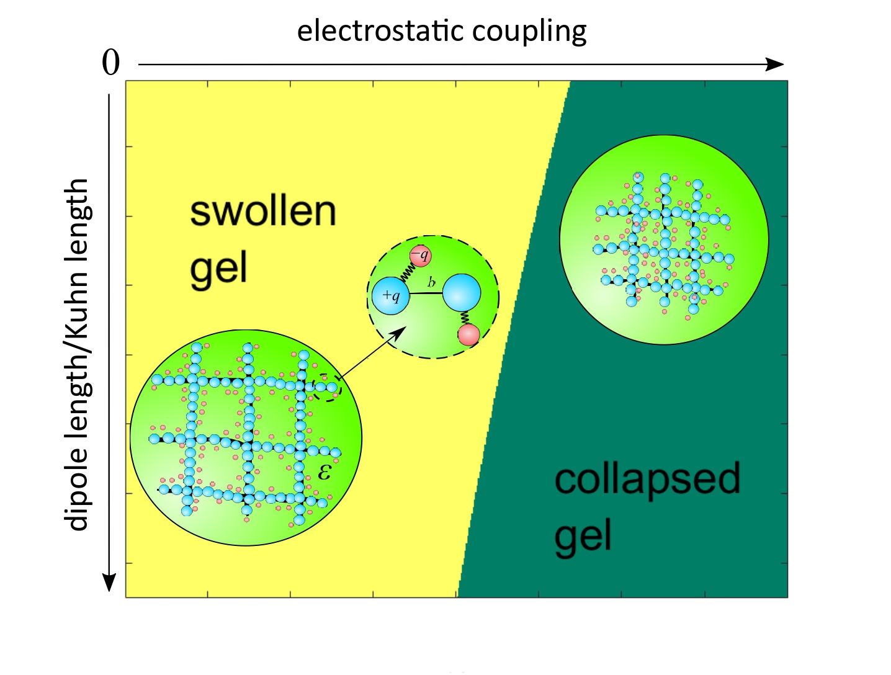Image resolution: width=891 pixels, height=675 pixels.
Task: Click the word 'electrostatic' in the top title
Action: [x=380, y=31]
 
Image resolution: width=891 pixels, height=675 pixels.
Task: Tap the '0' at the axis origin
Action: [x=110, y=63]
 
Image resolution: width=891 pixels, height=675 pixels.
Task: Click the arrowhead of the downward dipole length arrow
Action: [x=109, y=583]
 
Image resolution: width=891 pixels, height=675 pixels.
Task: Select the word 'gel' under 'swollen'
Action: [x=218, y=270]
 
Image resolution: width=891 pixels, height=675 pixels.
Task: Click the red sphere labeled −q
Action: [x=421, y=256]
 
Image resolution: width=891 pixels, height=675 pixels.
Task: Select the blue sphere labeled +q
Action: [x=390, y=296]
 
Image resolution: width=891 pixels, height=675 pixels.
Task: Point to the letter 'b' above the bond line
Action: [x=431, y=282]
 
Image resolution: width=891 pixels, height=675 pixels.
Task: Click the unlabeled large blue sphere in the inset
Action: [x=462, y=293]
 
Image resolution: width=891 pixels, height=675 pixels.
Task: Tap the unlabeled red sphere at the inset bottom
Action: [x=469, y=335]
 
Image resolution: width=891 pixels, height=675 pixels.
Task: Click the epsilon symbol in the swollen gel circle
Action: [x=325, y=472]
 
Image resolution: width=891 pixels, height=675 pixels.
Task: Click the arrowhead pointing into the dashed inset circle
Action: [x=399, y=333]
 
